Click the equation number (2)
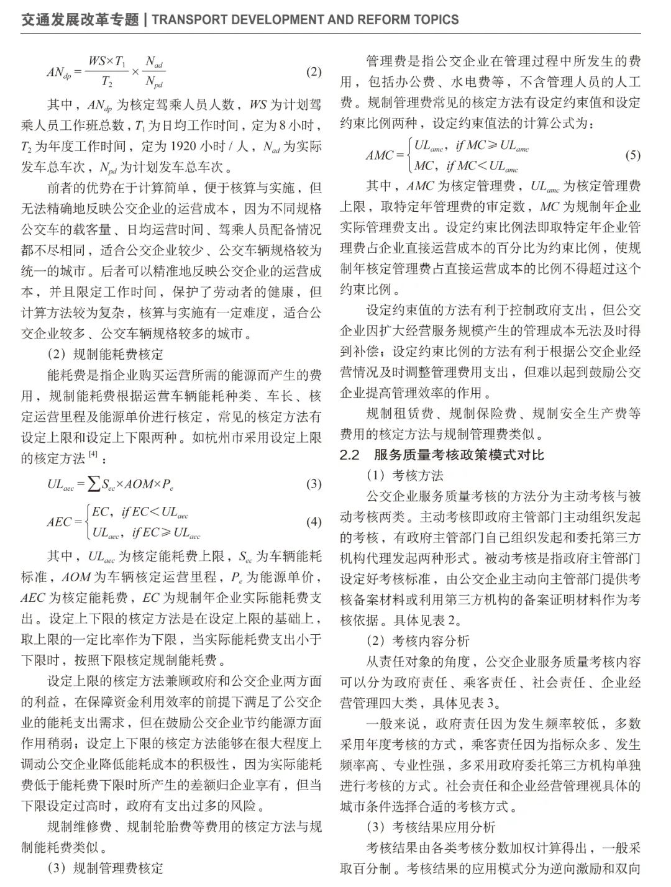(314, 71)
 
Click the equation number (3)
(314, 484)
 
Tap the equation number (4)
(314, 522)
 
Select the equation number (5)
(632, 155)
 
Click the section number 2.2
(349, 455)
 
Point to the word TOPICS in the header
(436, 20)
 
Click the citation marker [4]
(93, 455)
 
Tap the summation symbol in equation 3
(94, 484)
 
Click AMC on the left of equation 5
(380, 155)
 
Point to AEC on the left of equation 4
(60, 522)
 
